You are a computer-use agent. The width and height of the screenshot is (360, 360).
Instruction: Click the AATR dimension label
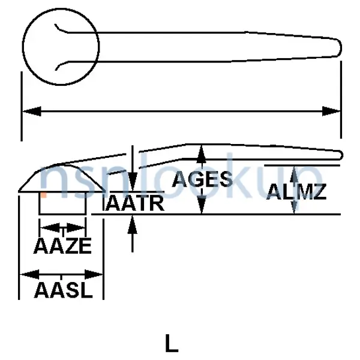(x=135, y=203)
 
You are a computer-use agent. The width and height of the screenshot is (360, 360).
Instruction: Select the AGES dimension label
(x=202, y=179)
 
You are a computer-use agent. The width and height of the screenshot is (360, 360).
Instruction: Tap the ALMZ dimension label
(x=297, y=192)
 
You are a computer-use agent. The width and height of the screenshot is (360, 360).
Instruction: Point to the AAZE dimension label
(x=62, y=246)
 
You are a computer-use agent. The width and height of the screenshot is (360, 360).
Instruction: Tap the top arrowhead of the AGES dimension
(x=203, y=154)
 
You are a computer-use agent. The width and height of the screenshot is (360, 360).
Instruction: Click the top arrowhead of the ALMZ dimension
(x=294, y=173)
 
